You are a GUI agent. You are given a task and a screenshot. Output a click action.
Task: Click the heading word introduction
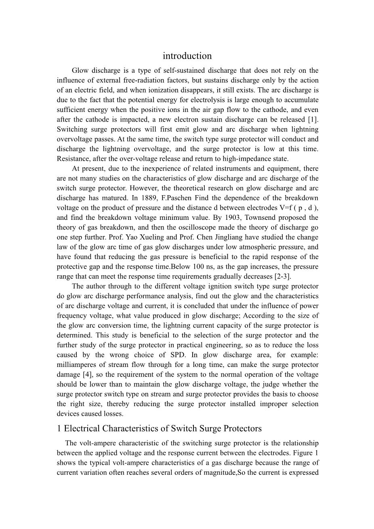point(187,56)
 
